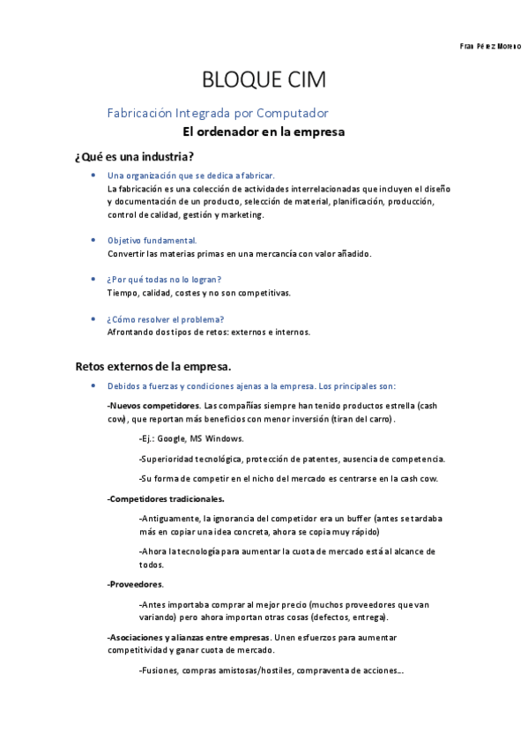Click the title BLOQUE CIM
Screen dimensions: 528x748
click(x=264, y=80)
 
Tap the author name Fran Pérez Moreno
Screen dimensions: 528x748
click(x=491, y=45)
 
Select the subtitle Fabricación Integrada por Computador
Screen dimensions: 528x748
click(x=218, y=113)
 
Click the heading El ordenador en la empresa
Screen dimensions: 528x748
click(x=263, y=132)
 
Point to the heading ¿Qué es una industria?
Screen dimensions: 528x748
click(x=135, y=157)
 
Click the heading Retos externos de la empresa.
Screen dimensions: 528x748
click(x=153, y=365)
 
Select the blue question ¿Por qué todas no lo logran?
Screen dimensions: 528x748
click(x=164, y=280)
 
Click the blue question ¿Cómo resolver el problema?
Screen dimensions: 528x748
click(x=165, y=318)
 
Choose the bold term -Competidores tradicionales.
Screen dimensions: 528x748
click(x=166, y=498)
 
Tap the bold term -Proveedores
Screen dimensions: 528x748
click(x=135, y=584)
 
